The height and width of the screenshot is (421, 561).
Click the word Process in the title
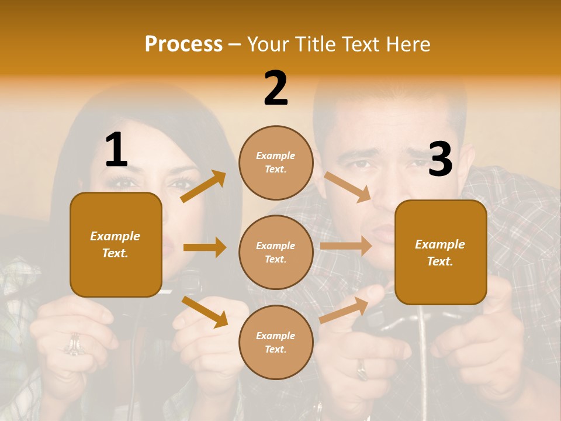pyautogui.click(x=183, y=44)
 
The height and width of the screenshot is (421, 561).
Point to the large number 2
pyautogui.click(x=276, y=88)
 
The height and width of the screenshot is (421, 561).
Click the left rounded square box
pyautogui.click(x=116, y=244)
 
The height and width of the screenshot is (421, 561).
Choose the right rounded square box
pyautogui.click(x=441, y=252)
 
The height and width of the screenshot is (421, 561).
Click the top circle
pyautogui.click(x=276, y=162)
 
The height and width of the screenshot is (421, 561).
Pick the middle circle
pyautogui.click(x=276, y=252)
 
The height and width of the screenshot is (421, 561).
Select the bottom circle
pyautogui.click(x=276, y=342)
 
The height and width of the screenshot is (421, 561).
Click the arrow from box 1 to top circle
pyautogui.click(x=203, y=187)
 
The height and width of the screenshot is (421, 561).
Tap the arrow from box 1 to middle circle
pyautogui.click(x=205, y=247)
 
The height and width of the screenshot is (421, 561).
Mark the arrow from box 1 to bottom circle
pyautogui.click(x=205, y=312)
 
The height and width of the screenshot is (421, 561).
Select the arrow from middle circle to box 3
pyautogui.click(x=346, y=246)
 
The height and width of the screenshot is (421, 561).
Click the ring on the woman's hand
pyautogui.click(x=74, y=345)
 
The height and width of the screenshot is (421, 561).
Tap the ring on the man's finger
pyautogui.click(x=362, y=369)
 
